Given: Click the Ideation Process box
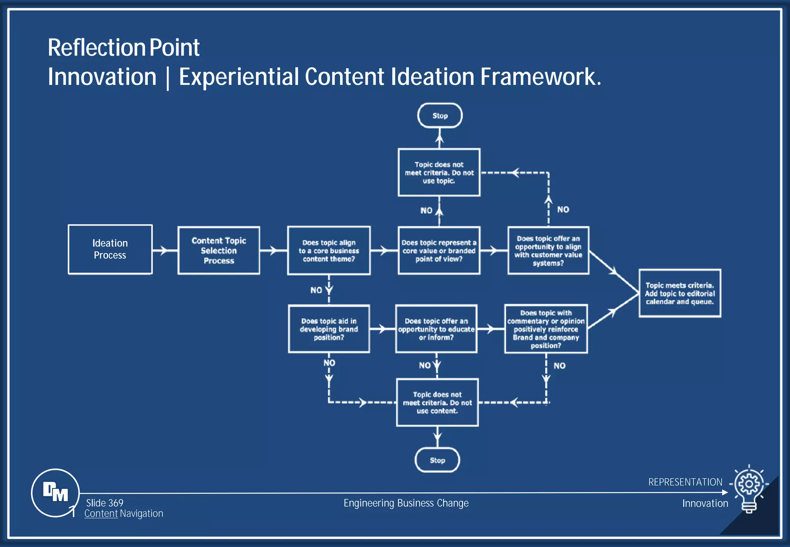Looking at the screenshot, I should pyautogui.click(x=110, y=249).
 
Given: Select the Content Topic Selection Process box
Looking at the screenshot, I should pyautogui.click(x=219, y=250).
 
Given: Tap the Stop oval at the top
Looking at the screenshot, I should pyautogui.click(x=440, y=115).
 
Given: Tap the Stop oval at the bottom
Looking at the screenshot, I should pyautogui.click(x=437, y=460).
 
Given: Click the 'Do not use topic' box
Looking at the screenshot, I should pyautogui.click(x=439, y=172).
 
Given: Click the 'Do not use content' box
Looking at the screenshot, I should pyautogui.click(x=437, y=402).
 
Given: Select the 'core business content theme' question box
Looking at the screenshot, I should pyautogui.click(x=329, y=251).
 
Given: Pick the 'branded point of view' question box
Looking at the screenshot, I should pyautogui.click(x=439, y=251).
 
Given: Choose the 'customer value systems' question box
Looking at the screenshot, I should pyautogui.click(x=548, y=251).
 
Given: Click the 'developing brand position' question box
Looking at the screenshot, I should pyautogui.click(x=329, y=329).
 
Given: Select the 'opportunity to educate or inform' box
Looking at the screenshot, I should pyautogui.click(x=436, y=329).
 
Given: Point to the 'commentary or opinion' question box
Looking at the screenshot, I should pyautogui.click(x=546, y=329).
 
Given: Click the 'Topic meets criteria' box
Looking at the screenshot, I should pyautogui.click(x=680, y=293).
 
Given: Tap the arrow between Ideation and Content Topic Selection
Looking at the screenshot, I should pyautogui.click(x=164, y=250).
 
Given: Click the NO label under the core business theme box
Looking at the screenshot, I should pyautogui.click(x=316, y=290).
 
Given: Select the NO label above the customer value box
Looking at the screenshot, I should pyautogui.click(x=563, y=209).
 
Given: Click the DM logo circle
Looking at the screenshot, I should pyautogui.click(x=55, y=493).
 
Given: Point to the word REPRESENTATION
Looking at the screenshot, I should pyautogui.click(x=685, y=482).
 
